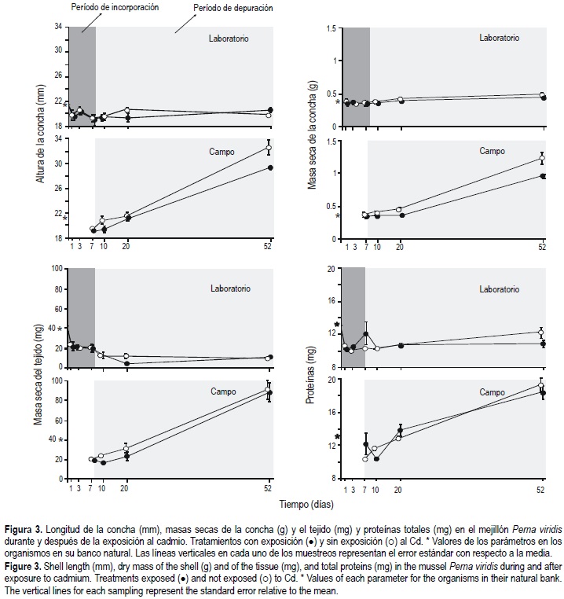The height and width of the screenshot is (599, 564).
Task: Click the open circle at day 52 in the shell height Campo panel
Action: click(269, 148)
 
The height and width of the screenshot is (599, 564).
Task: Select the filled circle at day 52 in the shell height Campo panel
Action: click(269, 167)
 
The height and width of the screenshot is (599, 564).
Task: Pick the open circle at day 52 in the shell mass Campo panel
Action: click(541, 158)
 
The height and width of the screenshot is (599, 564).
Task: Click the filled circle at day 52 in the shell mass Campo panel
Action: click(542, 176)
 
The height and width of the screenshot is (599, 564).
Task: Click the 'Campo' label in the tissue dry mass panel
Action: click(223, 391)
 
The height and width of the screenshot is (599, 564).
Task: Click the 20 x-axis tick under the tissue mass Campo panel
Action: click(126, 488)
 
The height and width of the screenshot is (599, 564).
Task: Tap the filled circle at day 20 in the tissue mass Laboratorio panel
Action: click(126, 363)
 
